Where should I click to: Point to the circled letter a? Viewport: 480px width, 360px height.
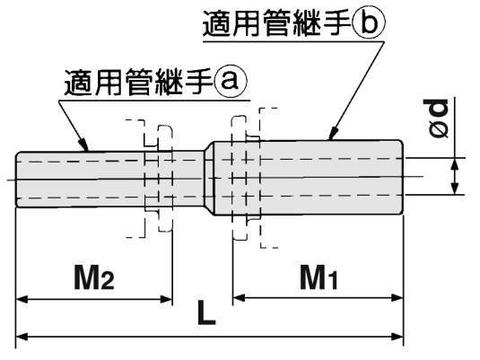click(x=230, y=82)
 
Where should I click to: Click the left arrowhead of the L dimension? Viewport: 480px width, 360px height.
click(x=23, y=337)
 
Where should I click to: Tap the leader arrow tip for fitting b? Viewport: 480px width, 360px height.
click(x=330, y=138)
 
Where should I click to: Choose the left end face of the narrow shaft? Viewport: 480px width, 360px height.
click(x=17, y=180)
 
